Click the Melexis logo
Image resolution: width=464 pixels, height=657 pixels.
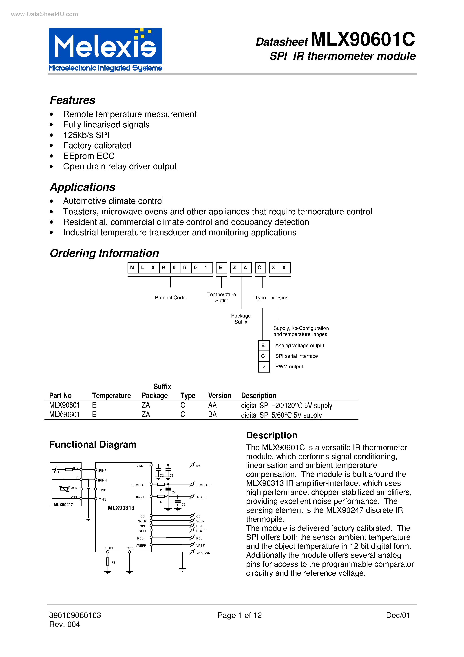click(x=105, y=49)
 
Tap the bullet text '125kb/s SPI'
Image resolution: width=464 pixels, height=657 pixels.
click(x=86, y=135)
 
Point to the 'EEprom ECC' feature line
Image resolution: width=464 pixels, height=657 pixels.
click(x=89, y=156)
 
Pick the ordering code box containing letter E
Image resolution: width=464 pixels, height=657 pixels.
click(x=221, y=268)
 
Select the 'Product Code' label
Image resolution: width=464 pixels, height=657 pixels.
click(x=170, y=297)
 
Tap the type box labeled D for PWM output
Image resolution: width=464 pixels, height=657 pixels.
click(x=263, y=366)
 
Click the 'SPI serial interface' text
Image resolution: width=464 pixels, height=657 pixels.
click(x=296, y=356)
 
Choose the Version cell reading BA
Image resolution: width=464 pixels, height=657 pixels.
click(x=212, y=415)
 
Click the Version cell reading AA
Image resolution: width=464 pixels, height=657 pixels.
click(x=212, y=405)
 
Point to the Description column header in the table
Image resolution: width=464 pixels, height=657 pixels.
click(x=258, y=395)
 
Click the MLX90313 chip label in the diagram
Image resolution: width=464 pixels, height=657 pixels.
click(x=121, y=508)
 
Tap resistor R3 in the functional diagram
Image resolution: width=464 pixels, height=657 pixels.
click(x=108, y=562)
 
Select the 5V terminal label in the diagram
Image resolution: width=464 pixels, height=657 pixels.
click(x=198, y=466)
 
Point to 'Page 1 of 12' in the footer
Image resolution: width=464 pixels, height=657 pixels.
click(x=239, y=615)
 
